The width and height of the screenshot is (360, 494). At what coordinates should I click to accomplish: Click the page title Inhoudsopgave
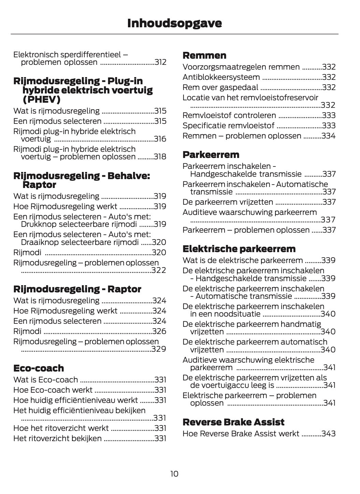174,23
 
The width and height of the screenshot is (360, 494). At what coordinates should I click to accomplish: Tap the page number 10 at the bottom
174,474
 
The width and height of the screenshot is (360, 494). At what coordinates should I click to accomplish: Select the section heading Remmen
204,56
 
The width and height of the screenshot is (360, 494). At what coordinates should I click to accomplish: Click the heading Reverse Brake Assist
233,422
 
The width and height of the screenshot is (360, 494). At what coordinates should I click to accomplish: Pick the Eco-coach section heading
39,368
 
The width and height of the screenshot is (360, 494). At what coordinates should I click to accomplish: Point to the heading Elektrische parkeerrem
239,249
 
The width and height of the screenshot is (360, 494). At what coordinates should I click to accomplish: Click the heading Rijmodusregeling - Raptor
77,289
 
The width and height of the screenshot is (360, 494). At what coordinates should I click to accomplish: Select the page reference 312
160,62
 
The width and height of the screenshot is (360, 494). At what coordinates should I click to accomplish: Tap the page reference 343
329,434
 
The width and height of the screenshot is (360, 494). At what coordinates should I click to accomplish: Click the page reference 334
329,136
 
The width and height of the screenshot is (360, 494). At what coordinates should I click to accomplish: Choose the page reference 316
160,139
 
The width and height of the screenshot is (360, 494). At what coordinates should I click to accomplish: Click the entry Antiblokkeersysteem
221,77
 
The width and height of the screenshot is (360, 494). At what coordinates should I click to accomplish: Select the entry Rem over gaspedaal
220,87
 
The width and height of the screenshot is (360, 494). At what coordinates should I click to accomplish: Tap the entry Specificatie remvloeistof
228,126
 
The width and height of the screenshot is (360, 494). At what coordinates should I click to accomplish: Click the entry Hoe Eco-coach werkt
53,390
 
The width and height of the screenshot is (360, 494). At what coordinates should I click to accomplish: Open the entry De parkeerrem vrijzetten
228,202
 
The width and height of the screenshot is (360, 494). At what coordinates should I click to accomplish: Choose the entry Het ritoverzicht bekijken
57,438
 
